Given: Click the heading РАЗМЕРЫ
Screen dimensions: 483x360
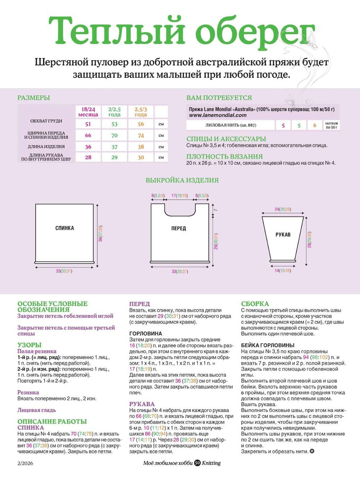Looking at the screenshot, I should tap(33, 98).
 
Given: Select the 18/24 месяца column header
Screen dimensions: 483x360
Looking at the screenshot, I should tap(88, 112).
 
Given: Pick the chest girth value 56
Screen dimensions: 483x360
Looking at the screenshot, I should tap(141, 124).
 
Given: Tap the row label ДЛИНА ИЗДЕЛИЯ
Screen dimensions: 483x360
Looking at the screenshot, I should tap(46, 147).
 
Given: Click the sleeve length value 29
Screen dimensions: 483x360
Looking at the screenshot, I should tap(114, 157).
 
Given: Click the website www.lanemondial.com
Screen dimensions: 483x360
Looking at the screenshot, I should tap(218, 115).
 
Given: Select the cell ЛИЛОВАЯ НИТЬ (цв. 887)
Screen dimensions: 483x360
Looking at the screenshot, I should tap(231, 125).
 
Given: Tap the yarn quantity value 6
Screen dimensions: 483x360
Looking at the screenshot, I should tap(315, 125).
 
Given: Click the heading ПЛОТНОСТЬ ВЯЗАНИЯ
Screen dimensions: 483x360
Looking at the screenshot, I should tap(224, 157).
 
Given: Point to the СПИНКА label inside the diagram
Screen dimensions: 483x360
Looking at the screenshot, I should tap(65, 228).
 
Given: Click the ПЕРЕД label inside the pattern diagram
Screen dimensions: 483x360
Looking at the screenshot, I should tap(179, 228).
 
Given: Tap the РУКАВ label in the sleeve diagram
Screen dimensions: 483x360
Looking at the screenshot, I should tap(283, 234).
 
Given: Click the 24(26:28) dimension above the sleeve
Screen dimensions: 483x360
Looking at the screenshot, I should tap(283, 209).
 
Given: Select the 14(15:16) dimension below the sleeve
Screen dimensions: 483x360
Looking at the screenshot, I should tap(283, 270).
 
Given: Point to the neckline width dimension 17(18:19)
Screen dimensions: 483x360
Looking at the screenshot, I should tap(179, 196).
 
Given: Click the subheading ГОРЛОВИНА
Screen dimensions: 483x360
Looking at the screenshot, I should tap(145, 334).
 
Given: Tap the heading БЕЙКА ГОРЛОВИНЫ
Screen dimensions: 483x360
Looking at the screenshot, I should tap(268, 345).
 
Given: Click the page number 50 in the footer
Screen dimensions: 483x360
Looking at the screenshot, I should tap(197, 463).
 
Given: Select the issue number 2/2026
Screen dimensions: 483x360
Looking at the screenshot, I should tap(25, 463).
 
